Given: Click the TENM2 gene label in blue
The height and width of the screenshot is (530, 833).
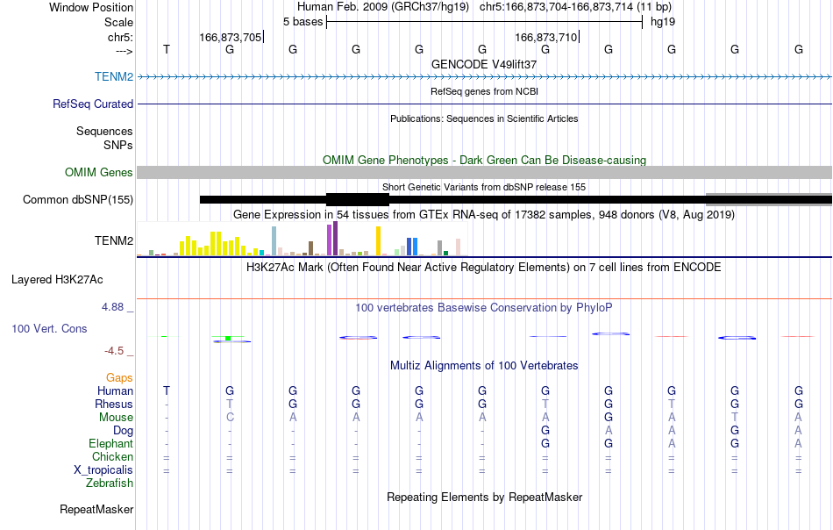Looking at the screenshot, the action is [x=114, y=77].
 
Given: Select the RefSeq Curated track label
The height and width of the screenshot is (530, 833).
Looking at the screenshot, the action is [x=92, y=104].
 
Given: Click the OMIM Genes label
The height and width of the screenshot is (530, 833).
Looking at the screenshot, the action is [x=98, y=173].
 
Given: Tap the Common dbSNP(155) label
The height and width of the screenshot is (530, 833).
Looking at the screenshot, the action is [x=78, y=200].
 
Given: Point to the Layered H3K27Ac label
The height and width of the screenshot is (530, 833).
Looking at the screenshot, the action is [x=57, y=280].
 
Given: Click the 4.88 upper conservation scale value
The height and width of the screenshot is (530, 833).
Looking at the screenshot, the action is [x=112, y=307].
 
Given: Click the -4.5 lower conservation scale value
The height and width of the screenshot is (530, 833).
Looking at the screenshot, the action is [x=114, y=351].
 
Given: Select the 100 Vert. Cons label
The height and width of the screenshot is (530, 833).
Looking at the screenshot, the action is [x=49, y=329].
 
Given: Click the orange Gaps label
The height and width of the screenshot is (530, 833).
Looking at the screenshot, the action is [x=119, y=378].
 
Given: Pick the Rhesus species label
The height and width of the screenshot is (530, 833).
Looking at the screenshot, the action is [x=114, y=405].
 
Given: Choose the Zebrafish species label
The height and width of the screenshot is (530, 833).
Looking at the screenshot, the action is [x=110, y=483].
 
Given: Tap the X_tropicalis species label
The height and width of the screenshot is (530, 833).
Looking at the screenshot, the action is [x=103, y=470].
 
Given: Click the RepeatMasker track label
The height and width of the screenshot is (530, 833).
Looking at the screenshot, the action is [x=96, y=510].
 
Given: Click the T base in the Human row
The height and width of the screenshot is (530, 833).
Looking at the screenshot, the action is [x=167, y=391].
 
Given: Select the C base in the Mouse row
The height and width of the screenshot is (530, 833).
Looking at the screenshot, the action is [x=230, y=418].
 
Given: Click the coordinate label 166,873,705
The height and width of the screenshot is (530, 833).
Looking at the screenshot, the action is [x=231, y=37].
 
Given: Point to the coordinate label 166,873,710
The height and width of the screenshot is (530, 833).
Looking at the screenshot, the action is [x=546, y=37].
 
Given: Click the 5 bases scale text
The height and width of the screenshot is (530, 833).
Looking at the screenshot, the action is [x=303, y=22].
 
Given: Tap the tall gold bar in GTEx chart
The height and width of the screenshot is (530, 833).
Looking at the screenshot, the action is [x=378, y=241].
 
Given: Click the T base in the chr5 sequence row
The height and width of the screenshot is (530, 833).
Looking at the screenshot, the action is [x=167, y=49].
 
